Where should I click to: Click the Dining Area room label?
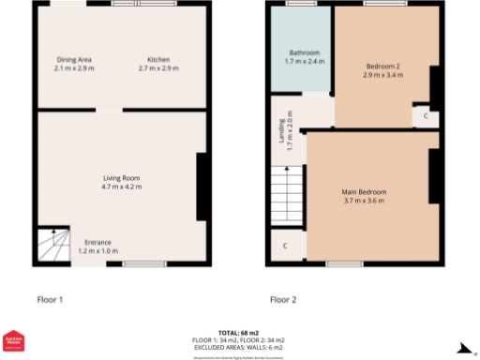pyautogui.click(x=74, y=60)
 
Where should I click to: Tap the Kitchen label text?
pyautogui.click(x=153, y=60)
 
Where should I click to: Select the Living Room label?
pyautogui.click(x=121, y=177)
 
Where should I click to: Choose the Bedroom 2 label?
pyautogui.click(x=383, y=66)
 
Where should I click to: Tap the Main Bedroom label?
pyautogui.click(x=364, y=192)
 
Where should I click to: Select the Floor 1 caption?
pyautogui.click(x=50, y=300)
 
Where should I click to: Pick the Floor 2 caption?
pyautogui.click(x=283, y=300)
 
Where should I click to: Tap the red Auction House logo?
pyautogui.click(x=14, y=344)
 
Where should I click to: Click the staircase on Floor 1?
pyautogui.click(x=53, y=246)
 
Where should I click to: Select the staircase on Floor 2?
pyautogui.click(x=287, y=195)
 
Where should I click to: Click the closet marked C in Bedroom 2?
pyautogui.click(x=426, y=116)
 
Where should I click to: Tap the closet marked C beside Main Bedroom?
pyautogui.click(x=285, y=247)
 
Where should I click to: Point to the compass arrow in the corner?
pyautogui.click(x=463, y=349)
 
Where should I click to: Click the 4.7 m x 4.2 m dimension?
pyautogui.click(x=121, y=187)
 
